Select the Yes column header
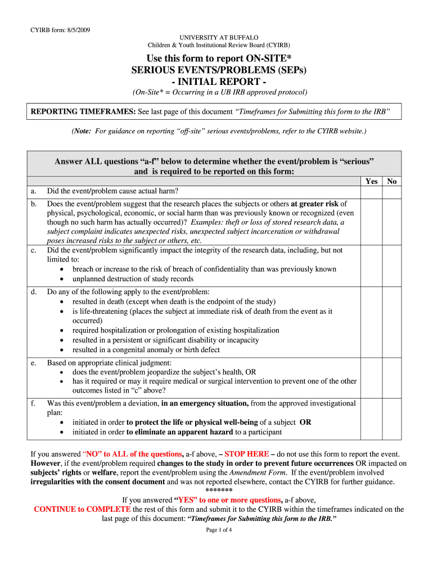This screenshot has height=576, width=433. tap(372, 182)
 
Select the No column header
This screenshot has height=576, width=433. tap(392, 182)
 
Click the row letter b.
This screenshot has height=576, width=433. tap(34, 204)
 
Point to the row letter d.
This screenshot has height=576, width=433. tap(34, 292)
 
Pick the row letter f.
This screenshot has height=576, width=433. tap(33, 403)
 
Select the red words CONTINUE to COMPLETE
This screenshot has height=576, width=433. tap(83, 509)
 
